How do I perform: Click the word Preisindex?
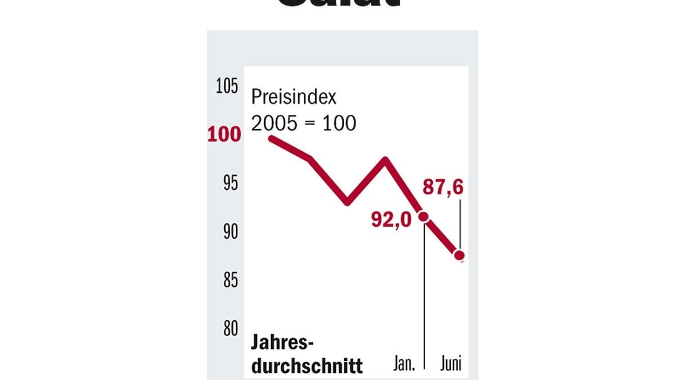pyautogui.click(x=293, y=97)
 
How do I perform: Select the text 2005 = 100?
pyautogui.click(x=303, y=123)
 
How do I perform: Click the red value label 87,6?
pyautogui.click(x=443, y=187)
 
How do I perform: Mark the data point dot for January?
pyautogui.click(x=424, y=216)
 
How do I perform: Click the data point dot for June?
pyautogui.click(x=460, y=256)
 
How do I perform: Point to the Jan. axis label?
pyautogui.click(x=404, y=364)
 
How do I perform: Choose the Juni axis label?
pyautogui.click(x=450, y=364)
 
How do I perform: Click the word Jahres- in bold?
pyautogui.click(x=282, y=343)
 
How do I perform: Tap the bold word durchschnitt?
pyautogui.click(x=307, y=366)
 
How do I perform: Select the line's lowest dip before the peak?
pyautogui.click(x=347, y=202)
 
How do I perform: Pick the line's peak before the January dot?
pyautogui.click(x=386, y=160)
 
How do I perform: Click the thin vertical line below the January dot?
pyautogui.click(x=424, y=293)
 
